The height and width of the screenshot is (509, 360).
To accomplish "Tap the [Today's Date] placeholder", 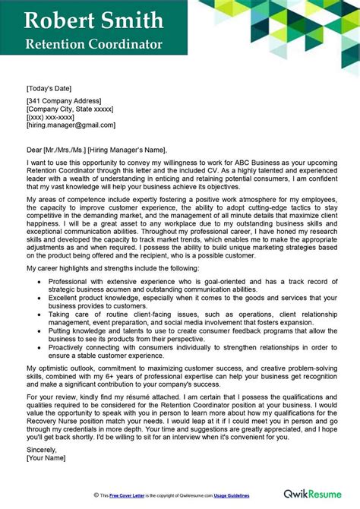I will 50,87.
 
